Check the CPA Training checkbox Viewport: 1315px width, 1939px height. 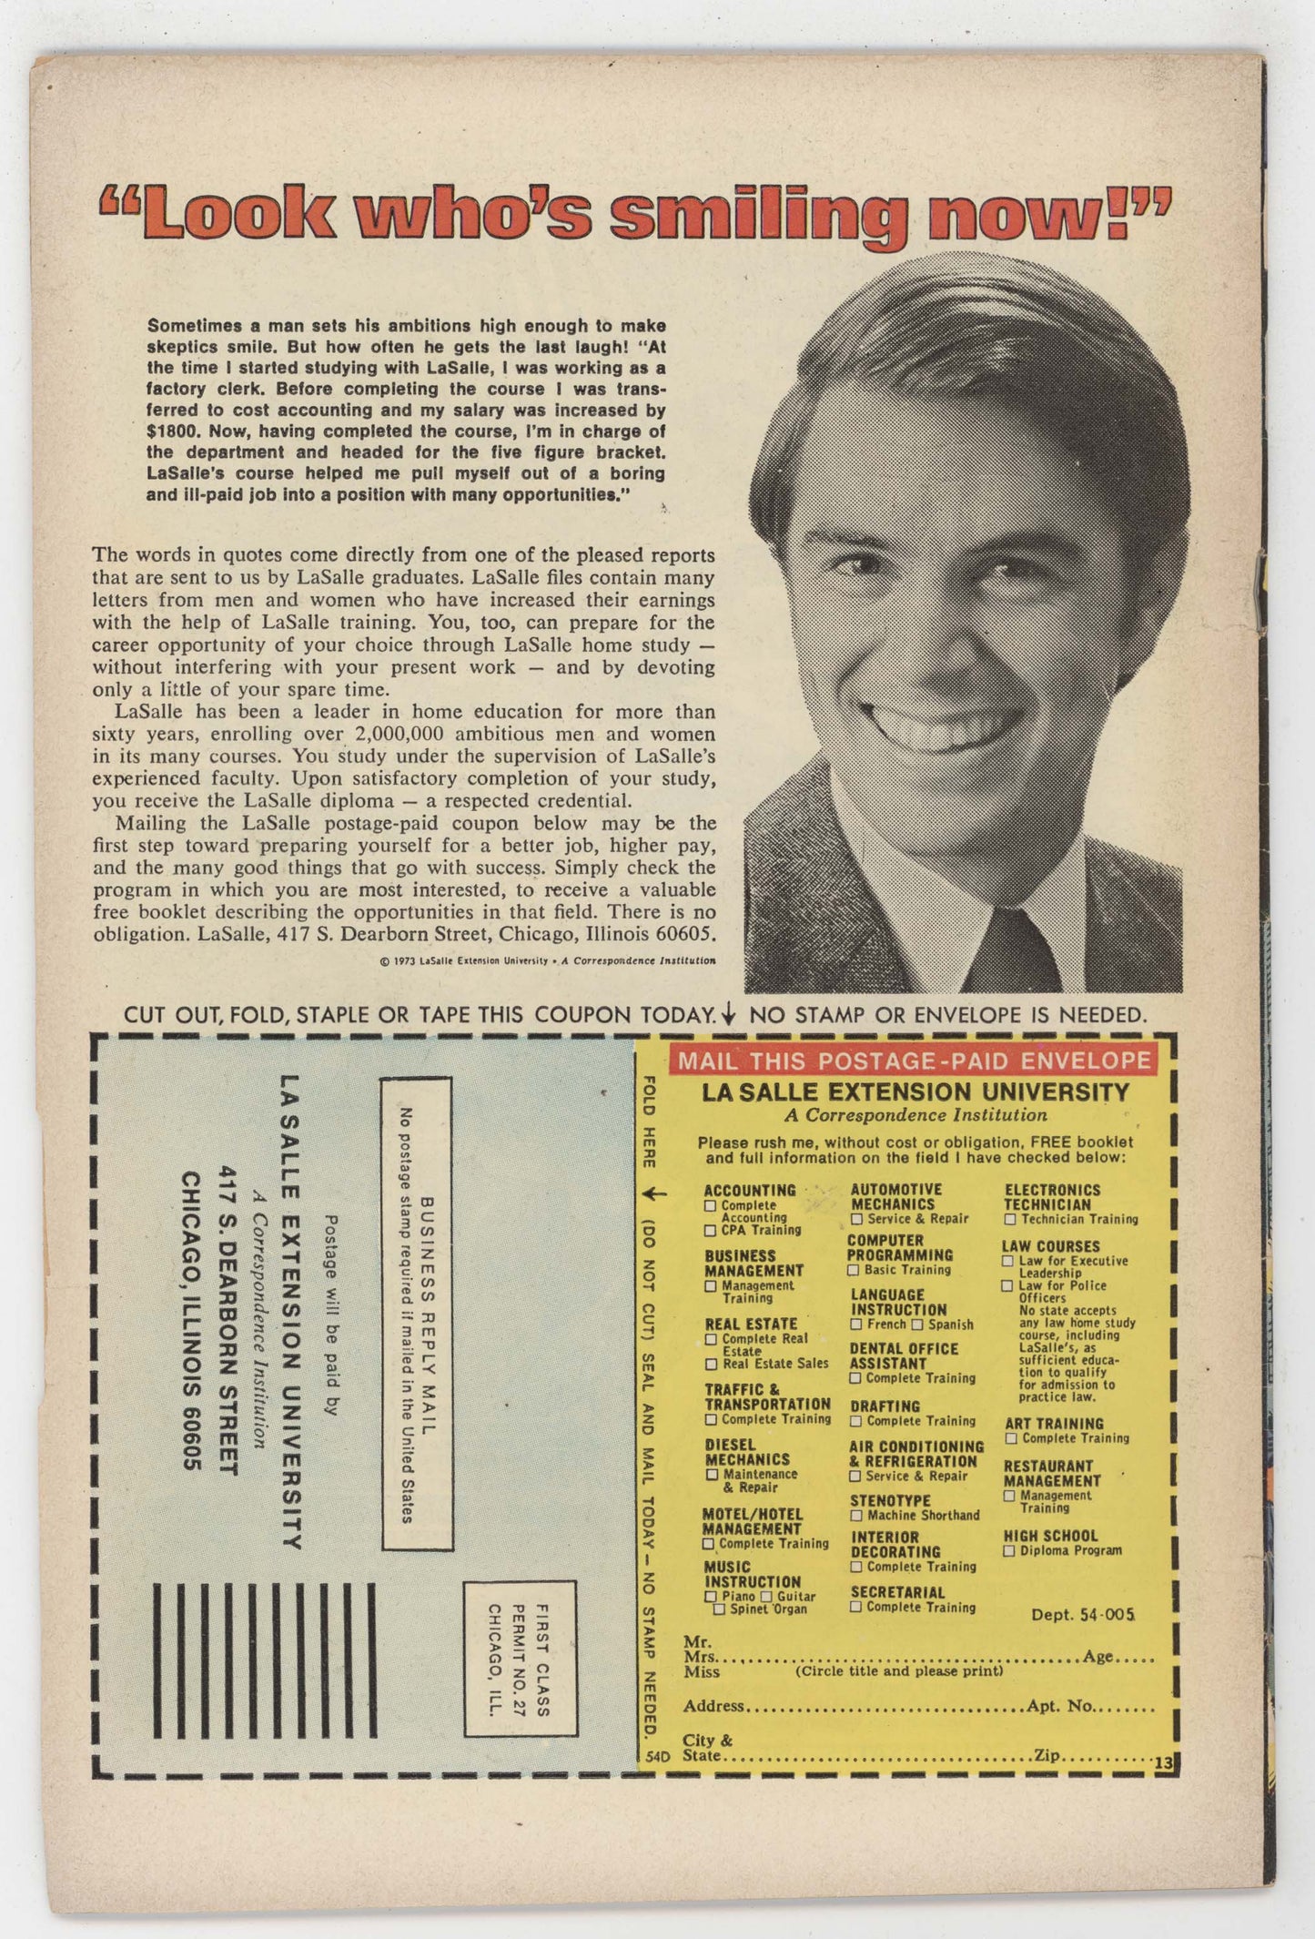point(710,1231)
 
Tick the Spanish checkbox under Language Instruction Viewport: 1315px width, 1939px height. point(917,1325)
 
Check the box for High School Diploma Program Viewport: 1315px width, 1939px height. point(1008,1550)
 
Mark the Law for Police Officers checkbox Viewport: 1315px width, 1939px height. point(1007,1285)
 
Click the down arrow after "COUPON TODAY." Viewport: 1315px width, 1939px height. point(727,1014)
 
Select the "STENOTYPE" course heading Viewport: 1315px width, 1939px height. point(890,1500)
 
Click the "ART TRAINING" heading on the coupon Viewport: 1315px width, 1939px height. point(1054,1423)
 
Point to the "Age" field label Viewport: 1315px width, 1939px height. point(1098,1656)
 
